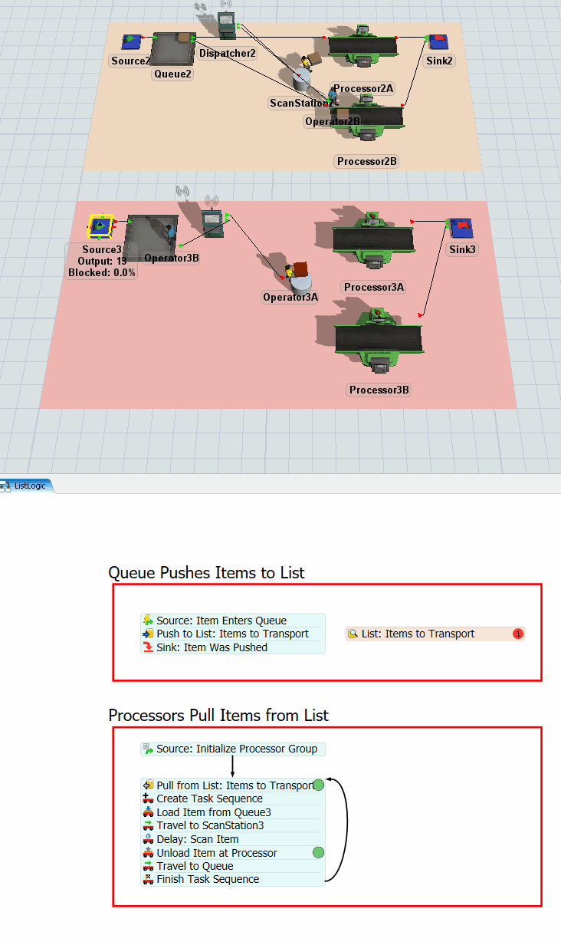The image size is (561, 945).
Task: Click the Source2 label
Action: click(x=130, y=61)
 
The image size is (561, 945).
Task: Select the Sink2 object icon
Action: click(x=438, y=41)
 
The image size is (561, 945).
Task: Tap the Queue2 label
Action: click(x=172, y=74)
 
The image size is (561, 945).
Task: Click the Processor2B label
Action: click(x=367, y=161)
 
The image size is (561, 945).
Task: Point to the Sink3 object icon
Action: click(x=460, y=228)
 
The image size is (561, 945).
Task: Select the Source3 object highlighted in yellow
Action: click(x=100, y=226)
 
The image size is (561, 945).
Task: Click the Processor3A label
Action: click(x=374, y=287)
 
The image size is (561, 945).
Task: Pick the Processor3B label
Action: click(x=379, y=390)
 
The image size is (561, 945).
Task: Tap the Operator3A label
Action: click(x=290, y=297)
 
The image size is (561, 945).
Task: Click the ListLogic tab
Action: click(x=29, y=486)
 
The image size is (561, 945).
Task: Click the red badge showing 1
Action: click(x=518, y=634)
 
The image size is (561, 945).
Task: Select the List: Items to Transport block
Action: click(x=418, y=634)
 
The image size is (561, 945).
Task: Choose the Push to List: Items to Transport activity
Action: click(x=232, y=634)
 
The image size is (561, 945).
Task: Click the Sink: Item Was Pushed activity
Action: click(x=212, y=647)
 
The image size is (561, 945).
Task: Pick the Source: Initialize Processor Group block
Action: click(x=236, y=749)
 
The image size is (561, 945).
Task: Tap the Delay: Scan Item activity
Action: click(x=198, y=839)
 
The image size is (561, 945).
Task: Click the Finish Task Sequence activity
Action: click(x=208, y=879)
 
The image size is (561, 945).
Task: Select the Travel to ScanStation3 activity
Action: click(x=210, y=825)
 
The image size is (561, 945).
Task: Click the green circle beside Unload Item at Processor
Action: click(x=319, y=852)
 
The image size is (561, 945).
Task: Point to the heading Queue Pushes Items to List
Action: click(x=206, y=572)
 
